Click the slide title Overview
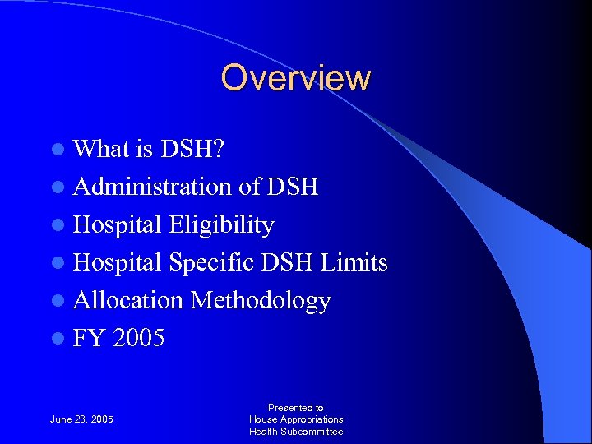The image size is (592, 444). (296, 78)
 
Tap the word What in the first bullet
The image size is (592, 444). (98, 149)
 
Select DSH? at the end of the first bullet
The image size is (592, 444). (194, 149)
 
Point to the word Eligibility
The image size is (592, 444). (221, 224)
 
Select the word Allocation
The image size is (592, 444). (129, 300)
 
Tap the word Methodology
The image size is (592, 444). (261, 300)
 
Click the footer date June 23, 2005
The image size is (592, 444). (81, 419)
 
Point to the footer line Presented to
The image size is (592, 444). (296, 407)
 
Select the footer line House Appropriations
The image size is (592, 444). (296, 419)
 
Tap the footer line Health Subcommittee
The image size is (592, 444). (296, 432)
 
